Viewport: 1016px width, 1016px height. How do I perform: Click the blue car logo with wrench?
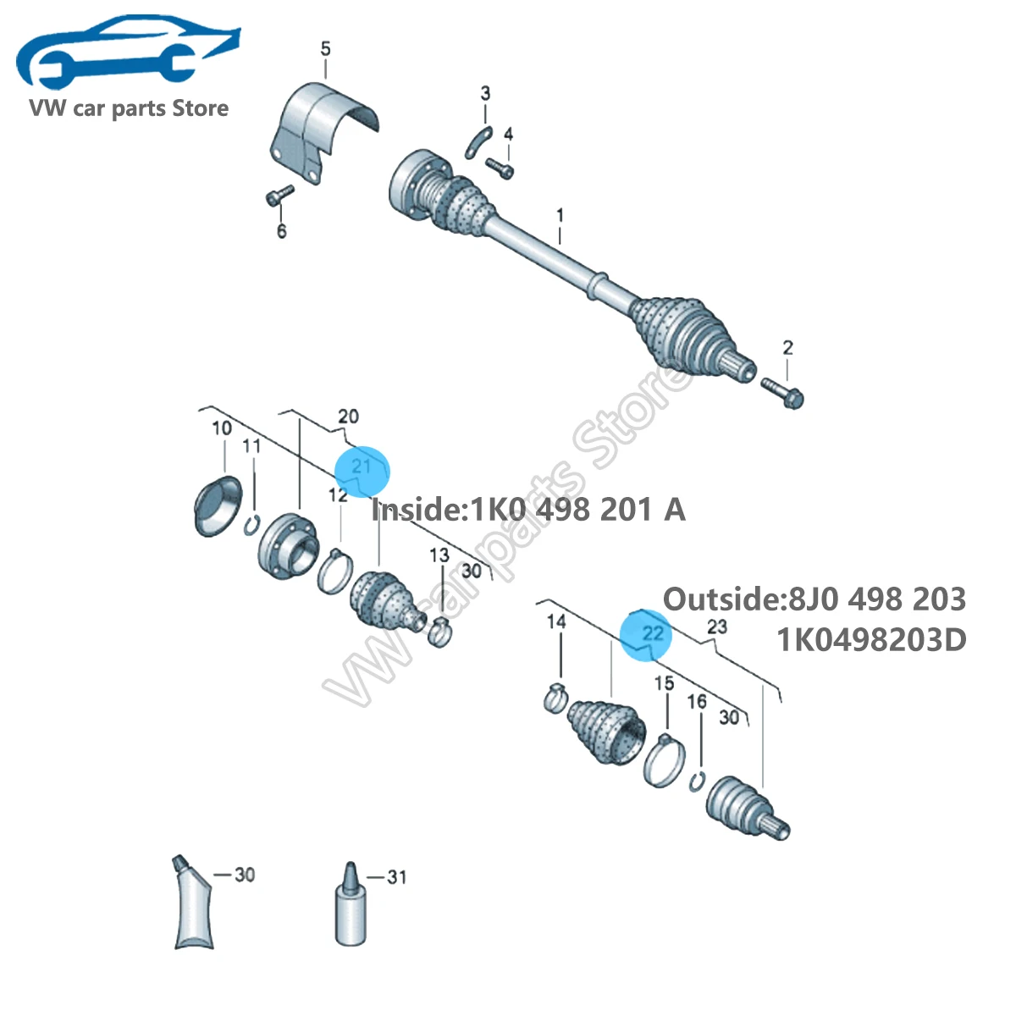[126, 52]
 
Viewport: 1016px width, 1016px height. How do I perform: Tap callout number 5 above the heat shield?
[326, 49]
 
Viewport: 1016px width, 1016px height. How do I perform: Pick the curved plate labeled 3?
[478, 142]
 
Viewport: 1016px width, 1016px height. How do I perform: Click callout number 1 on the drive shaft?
[560, 215]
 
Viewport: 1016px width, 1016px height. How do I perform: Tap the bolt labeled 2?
[782, 392]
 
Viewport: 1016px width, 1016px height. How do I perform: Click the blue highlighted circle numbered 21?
[362, 471]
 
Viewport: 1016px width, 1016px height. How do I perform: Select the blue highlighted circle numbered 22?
[646, 635]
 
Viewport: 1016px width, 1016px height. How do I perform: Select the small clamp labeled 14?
[555, 698]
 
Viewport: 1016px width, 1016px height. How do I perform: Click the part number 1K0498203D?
[871, 640]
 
